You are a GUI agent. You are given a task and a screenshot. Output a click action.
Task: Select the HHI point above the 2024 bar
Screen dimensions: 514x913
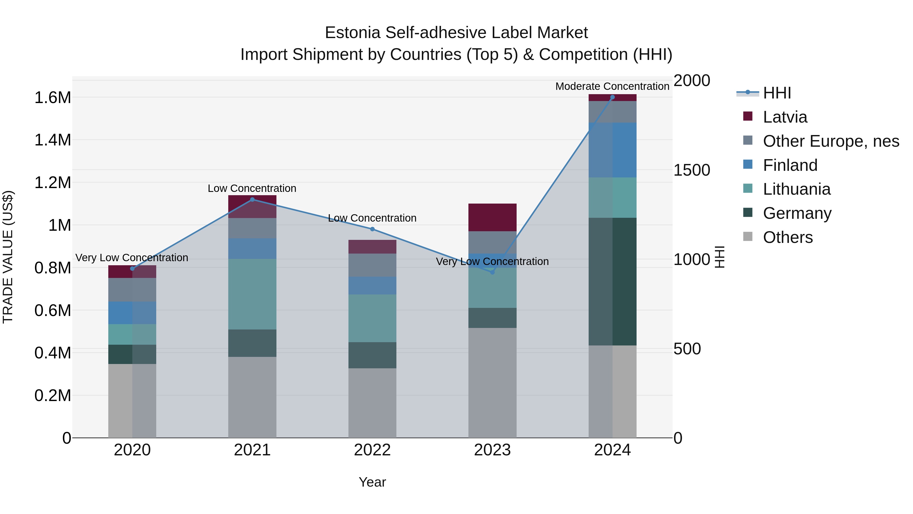pos(612,97)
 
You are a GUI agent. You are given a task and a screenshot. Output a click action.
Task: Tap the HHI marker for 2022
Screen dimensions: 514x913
pos(372,229)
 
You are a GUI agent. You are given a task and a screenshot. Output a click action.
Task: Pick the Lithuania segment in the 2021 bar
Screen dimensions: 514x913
pos(252,294)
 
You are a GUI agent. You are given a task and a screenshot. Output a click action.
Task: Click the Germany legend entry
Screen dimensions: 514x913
pos(797,213)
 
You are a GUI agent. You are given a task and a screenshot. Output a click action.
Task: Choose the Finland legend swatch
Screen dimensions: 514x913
pos(748,164)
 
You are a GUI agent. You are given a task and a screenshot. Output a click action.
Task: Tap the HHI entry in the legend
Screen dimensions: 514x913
pos(777,93)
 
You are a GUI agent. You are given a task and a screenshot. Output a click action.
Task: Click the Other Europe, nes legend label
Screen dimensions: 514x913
pos(831,141)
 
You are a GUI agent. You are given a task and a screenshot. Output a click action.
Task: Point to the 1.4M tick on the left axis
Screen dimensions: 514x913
pos(53,140)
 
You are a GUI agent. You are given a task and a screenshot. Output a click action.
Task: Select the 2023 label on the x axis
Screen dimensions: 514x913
pos(492,450)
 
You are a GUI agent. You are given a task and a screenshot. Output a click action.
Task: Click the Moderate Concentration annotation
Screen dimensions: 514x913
pos(612,86)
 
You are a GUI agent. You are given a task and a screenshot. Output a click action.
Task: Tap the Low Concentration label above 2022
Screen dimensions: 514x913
pos(372,218)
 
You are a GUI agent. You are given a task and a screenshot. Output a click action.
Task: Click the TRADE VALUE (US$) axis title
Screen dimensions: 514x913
pos(8,257)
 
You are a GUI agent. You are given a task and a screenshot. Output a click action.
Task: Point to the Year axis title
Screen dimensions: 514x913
pos(372,482)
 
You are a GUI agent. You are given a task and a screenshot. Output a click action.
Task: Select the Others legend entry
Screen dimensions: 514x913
pos(787,237)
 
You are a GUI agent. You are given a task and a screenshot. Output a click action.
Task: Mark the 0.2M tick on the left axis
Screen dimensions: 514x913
pos(53,395)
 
